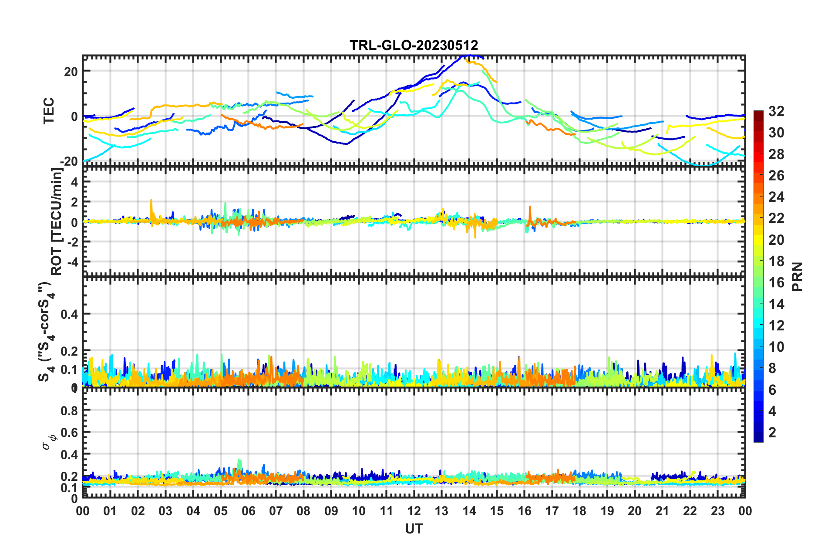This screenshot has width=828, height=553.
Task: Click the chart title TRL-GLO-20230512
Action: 414,45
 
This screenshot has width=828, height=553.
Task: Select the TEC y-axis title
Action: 49,110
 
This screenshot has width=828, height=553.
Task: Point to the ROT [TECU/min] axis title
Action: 57,222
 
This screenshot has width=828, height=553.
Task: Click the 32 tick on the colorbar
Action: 776,111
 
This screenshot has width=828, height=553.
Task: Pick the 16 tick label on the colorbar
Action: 776,283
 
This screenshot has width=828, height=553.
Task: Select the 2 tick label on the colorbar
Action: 772,432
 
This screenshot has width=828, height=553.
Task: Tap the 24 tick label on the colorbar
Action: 776,197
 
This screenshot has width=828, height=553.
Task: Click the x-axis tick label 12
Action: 414,511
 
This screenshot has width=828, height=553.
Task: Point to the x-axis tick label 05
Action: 221,511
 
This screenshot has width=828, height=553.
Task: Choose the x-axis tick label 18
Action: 579,511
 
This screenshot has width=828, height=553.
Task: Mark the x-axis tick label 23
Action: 717,511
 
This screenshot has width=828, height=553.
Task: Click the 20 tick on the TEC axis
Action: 71,71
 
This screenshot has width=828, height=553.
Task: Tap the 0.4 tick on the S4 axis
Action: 69,314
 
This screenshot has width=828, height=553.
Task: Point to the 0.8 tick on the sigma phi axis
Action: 69,410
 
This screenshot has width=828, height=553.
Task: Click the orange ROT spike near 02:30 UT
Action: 151,201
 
